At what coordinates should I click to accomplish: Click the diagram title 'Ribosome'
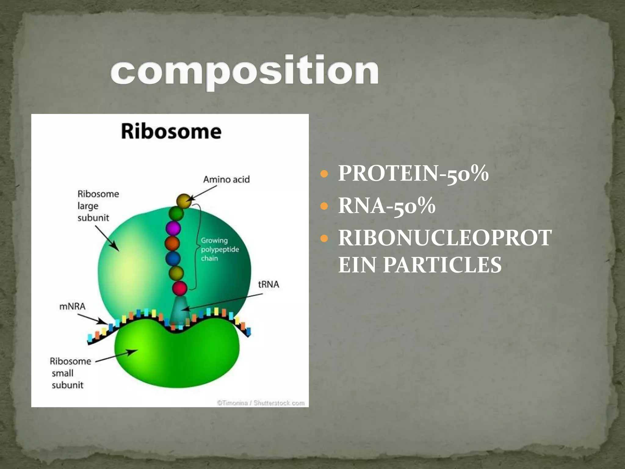coord(171,131)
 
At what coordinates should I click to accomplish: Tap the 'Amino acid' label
coord(226,179)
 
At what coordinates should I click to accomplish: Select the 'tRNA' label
coord(268,284)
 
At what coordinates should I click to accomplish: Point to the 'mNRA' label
coord(72,306)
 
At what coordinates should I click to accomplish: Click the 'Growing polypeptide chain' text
coord(219,249)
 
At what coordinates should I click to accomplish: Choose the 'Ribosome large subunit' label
coord(98,206)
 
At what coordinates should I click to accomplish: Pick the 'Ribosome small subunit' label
coord(70,373)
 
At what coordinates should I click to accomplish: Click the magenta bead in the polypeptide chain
coord(173,228)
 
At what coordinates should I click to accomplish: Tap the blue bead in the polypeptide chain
coord(173,258)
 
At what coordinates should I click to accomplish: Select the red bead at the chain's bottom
coord(179,288)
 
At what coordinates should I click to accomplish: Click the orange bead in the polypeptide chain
coord(172,243)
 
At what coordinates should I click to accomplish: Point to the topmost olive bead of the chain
coord(184,201)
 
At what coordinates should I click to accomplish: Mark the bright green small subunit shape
coord(177,357)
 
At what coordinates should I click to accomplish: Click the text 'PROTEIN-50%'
coord(413,173)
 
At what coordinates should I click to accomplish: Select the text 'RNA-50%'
coord(386,206)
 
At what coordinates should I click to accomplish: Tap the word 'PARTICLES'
coord(442,264)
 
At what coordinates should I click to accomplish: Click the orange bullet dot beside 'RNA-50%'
coord(324,206)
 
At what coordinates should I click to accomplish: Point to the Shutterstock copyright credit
coord(261,403)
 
